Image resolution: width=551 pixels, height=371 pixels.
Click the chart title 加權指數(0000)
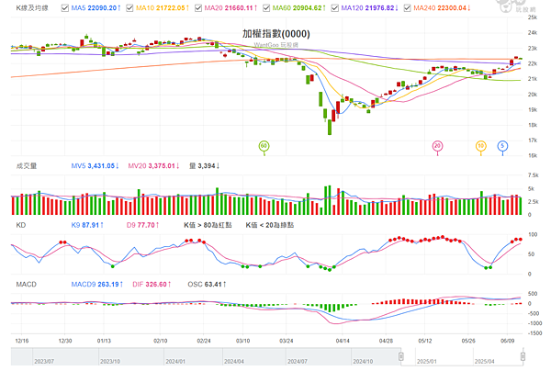[275, 34]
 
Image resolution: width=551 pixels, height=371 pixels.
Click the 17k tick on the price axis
[533, 140]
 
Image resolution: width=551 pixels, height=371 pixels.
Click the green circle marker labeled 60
[264, 145]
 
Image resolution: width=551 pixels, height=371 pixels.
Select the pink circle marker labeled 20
[437, 145]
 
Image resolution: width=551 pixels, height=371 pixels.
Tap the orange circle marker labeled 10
[480, 145]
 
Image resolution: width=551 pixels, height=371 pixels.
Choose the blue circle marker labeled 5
[502, 145]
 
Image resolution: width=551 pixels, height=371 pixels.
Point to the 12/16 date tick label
[22, 339]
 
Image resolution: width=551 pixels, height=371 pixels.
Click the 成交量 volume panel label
[26, 166]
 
